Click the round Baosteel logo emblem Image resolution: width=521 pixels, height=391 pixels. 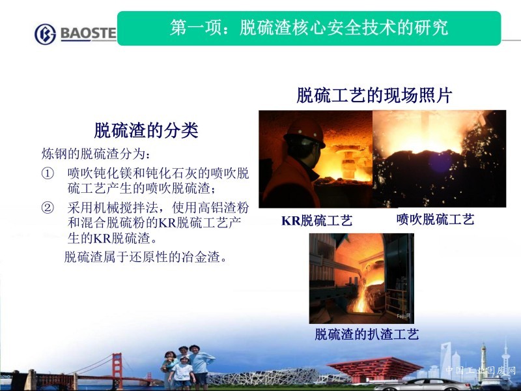tap(45, 34)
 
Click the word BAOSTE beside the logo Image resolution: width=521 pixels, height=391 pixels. tap(89, 33)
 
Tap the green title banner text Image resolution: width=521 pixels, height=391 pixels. tap(309, 27)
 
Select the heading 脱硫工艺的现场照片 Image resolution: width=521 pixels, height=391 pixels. tap(374, 95)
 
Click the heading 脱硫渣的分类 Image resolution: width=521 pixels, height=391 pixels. tap(146, 130)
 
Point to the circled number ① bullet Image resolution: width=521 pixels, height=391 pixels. tap(48, 173)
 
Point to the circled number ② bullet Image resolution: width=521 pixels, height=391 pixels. tap(48, 208)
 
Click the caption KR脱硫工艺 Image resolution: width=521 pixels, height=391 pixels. tap(317, 220)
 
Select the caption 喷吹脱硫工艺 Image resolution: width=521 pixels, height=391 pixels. tap(435, 220)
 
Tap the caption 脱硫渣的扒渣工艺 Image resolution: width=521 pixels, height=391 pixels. tap(367, 334)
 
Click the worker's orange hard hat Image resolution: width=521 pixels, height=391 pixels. tap(305, 132)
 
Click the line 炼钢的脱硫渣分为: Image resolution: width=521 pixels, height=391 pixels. tap(96, 154)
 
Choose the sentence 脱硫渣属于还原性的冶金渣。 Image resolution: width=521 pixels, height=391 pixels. tap(146, 257)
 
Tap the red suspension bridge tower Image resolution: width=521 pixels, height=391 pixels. tap(117, 369)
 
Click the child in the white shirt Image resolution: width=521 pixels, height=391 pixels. tap(182, 373)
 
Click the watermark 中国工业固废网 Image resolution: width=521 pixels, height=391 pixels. tap(481, 370)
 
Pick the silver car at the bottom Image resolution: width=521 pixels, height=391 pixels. tap(422, 384)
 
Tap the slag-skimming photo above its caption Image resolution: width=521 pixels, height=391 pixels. tap(361, 278)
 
